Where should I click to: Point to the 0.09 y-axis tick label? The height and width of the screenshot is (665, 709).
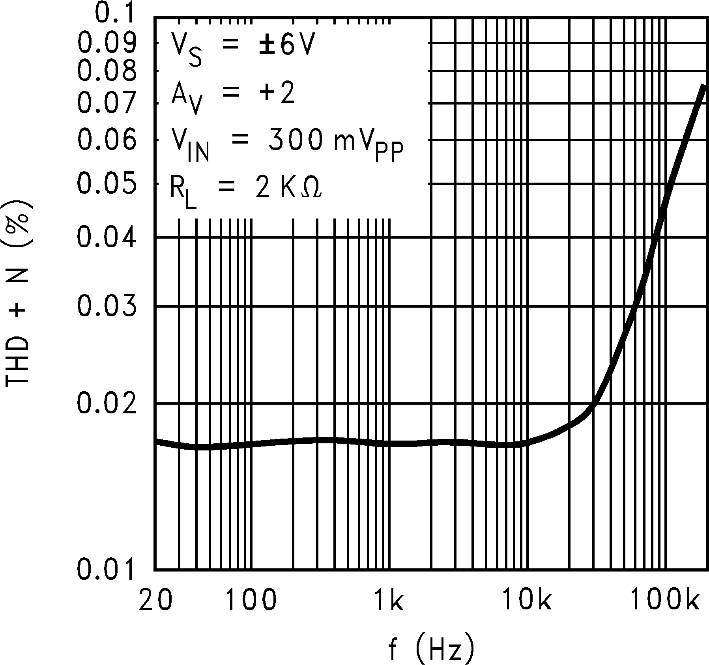pyautogui.click(x=107, y=43)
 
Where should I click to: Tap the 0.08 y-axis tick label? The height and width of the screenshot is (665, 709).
pyautogui.click(x=107, y=71)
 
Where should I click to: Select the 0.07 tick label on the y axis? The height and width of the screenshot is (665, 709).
pyautogui.click(x=107, y=103)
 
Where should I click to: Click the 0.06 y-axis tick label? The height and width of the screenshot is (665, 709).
pyautogui.click(x=107, y=140)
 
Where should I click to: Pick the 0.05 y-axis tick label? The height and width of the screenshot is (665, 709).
pyautogui.click(x=107, y=184)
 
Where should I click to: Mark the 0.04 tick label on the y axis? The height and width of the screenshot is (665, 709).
pyautogui.click(x=107, y=238)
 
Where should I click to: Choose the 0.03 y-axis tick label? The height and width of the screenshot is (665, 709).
pyautogui.click(x=107, y=306)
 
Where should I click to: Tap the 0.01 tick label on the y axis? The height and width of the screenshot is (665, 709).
pyautogui.click(x=107, y=569)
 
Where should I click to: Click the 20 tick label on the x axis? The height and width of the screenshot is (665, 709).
pyautogui.click(x=155, y=601)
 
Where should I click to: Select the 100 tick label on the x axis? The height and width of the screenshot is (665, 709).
pyautogui.click(x=251, y=601)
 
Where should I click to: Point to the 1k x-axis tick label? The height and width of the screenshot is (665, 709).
pyautogui.click(x=388, y=601)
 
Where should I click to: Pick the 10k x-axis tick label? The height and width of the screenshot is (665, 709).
pyautogui.click(x=526, y=601)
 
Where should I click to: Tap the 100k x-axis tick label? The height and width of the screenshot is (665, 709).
pyautogui.click(x=664, y=601)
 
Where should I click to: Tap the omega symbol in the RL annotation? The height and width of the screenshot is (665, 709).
pyautogui.click(x=311, y=189)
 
